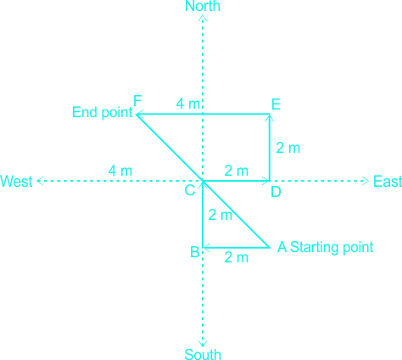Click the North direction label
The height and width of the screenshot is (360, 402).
tap(203, 6)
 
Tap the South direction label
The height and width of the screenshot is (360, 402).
tap(203, 354)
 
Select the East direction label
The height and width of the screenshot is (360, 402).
tap(388, 181)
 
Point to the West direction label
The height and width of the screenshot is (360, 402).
tap(16, 181)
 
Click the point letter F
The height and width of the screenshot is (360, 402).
tap(137, 100)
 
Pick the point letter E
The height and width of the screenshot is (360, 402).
tap(276, 104)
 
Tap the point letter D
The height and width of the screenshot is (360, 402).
tap(276, 192)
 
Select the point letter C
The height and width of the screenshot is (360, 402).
tap(190, 190)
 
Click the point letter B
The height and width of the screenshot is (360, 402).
tap(195, 252)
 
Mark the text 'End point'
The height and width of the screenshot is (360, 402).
tap(103, 112)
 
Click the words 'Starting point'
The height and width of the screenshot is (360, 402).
tap(332, 247)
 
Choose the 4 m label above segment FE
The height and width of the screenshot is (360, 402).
tap(188, 104)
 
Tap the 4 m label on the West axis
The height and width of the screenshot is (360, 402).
tap(120, 171)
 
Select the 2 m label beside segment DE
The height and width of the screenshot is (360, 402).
tap(288, 148)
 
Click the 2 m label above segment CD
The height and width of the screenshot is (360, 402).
tap(237, 171)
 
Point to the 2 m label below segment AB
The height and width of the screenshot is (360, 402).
tap(237, 257)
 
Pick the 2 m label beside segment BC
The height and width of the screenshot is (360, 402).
tap(221, 215)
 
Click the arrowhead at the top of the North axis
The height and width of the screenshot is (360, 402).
tap(203, 18)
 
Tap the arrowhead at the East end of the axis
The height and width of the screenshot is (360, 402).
tap(366, 181)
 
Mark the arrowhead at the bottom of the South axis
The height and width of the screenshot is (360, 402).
tap(203, 344)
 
